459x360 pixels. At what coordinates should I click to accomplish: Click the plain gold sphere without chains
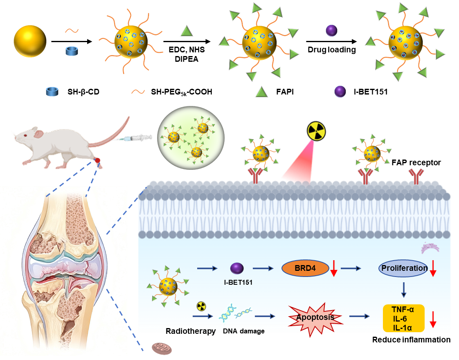pos(30,41)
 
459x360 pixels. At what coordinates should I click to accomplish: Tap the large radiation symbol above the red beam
pos(316,131)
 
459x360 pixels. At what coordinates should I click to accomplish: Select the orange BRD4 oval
pos(306,268)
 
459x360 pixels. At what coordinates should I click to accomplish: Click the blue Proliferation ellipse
pos(404,268)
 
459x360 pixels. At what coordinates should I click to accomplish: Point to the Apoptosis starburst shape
pos(315,318)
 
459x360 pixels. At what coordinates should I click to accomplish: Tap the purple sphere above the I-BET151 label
pos(237,268)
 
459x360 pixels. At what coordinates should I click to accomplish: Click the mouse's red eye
pos(25,135)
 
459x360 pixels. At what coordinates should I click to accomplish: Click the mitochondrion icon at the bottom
pos(162,349)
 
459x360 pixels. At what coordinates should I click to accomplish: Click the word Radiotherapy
pos(191,330)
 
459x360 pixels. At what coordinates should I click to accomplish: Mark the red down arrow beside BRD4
pos(334,268)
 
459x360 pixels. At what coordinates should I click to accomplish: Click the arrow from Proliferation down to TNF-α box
pos(404,290)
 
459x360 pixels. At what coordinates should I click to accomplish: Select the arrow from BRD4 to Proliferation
pos(351,268)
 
